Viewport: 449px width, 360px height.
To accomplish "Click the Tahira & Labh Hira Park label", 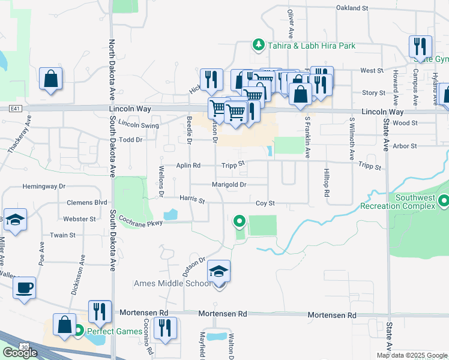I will point(312,46).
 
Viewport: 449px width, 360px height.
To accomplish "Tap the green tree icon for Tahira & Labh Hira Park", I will point(258,45).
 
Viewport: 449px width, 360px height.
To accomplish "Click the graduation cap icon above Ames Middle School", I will point(219,272).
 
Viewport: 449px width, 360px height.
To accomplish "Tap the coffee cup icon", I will point(24,287).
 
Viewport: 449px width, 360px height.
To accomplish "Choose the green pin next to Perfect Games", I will point(78,330).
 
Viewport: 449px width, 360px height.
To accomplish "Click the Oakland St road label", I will point(352,8).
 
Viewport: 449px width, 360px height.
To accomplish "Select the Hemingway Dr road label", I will point(43,187).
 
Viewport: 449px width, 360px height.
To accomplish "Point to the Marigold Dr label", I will point(229,185).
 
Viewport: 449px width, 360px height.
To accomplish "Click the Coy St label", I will point(265,203).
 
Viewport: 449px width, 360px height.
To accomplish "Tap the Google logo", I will point(20,353).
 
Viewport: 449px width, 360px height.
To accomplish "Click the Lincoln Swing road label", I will point(139,125).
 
